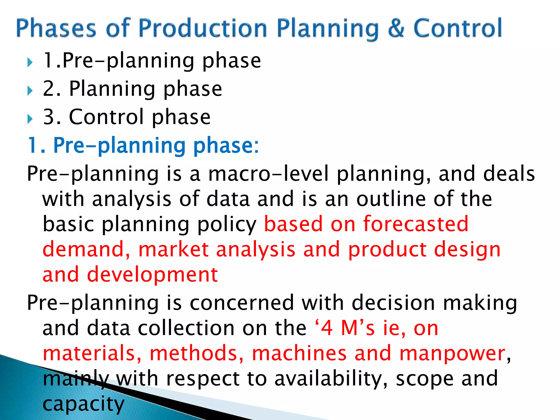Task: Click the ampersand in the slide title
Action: (395, 28)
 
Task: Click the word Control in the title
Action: (457, 28)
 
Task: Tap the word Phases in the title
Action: (56, 28)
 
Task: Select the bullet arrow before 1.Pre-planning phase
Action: (30, 63)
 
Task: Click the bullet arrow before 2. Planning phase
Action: (30, 91)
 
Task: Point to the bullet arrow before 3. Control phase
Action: (30, 119)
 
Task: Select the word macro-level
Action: (268, 174)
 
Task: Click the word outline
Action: (391, 199)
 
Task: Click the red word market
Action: (174, 249)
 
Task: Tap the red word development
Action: (152, 275)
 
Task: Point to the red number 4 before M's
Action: (327, 328)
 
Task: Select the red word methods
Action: (197, 353)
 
